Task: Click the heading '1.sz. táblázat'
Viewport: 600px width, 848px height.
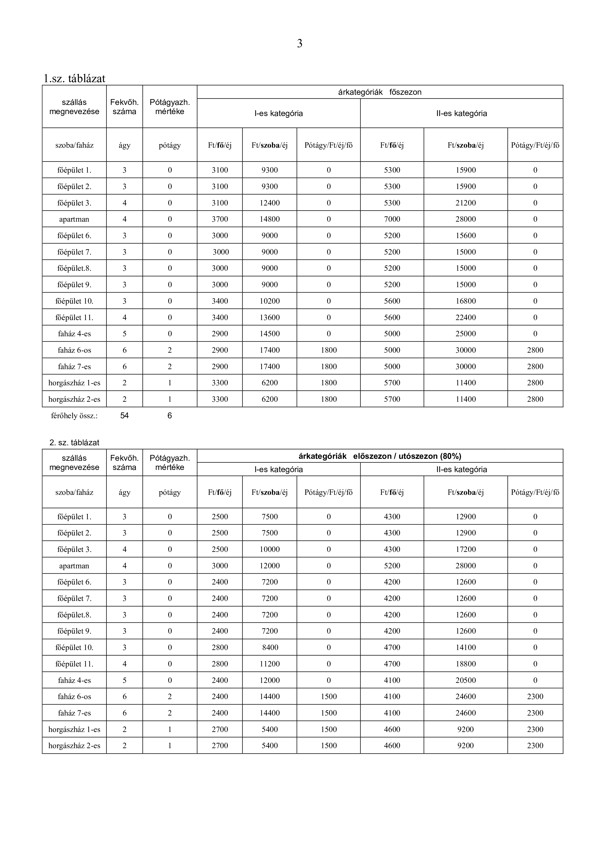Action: coord(74,78)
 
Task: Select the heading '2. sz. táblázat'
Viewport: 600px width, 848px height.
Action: coord(74,442)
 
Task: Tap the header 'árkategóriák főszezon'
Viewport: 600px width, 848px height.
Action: coord(379,92)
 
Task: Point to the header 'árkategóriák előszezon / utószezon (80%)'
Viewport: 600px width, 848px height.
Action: coord(379,456)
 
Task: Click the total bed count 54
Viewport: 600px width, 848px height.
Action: coord(125,416)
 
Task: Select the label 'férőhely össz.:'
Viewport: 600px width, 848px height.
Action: coord(74,416)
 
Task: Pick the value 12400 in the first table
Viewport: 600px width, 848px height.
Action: coord(270,203)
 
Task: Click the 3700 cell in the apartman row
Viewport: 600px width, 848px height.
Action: coord(220,219)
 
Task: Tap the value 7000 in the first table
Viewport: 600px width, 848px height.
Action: coord(392,219)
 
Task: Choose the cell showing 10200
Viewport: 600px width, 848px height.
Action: coord(270,301)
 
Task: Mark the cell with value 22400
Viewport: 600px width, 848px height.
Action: coord(466,317)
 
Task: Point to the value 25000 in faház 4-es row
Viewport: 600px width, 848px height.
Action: coord(466,334)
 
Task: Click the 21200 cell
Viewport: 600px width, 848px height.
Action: coord(466,203)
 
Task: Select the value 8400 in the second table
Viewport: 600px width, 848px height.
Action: coord(270,647)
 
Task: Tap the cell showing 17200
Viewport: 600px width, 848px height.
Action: coord(466,549)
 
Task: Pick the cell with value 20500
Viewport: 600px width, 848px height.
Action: coord(466,680)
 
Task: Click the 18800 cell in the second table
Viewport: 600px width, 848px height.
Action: coord(466,664)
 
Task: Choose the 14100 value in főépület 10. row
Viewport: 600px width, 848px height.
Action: coord(466,647)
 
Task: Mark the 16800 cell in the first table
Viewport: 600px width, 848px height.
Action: coord(466,301)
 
